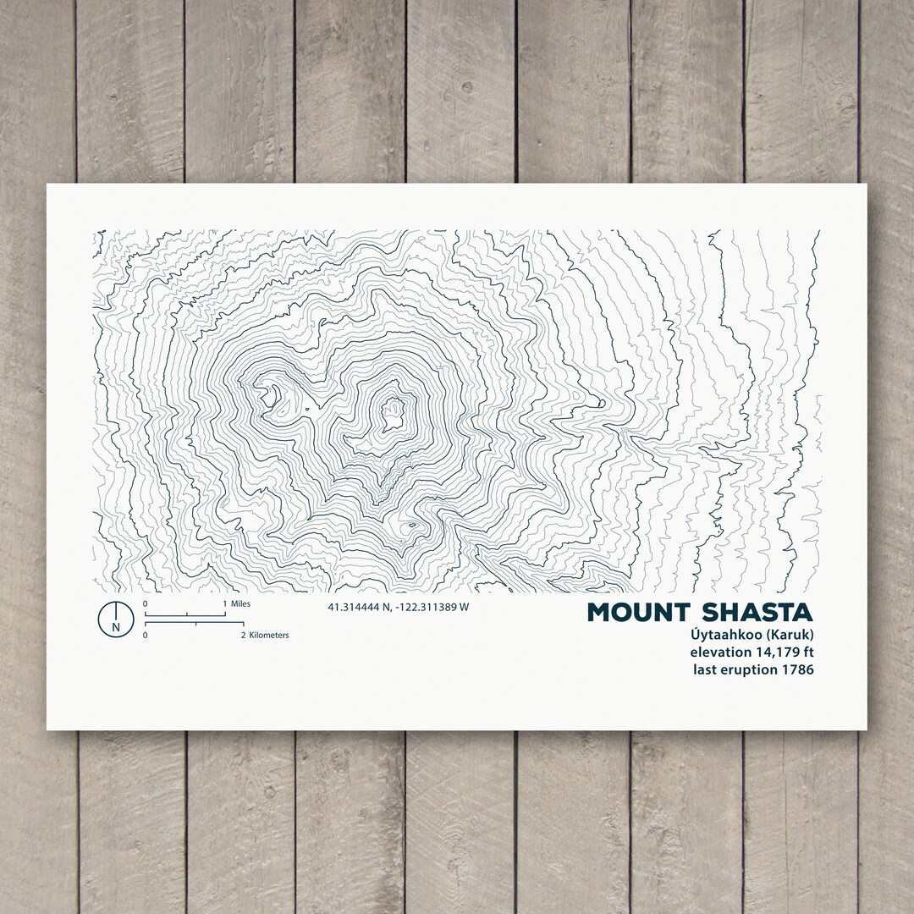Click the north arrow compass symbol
click(x=116, y=618)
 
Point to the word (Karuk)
click(x=788, y=636)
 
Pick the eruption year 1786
click(x=799, y=669)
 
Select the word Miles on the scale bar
click(x=240, y=603)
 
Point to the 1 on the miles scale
click(x=224, y=603)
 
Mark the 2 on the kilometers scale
click(x=243, y=634)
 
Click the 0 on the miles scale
click(x=146, y=603)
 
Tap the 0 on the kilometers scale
click(x=146, y=634)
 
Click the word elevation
click(x=720, y=652)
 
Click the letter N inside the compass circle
click(x=116, y=627)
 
